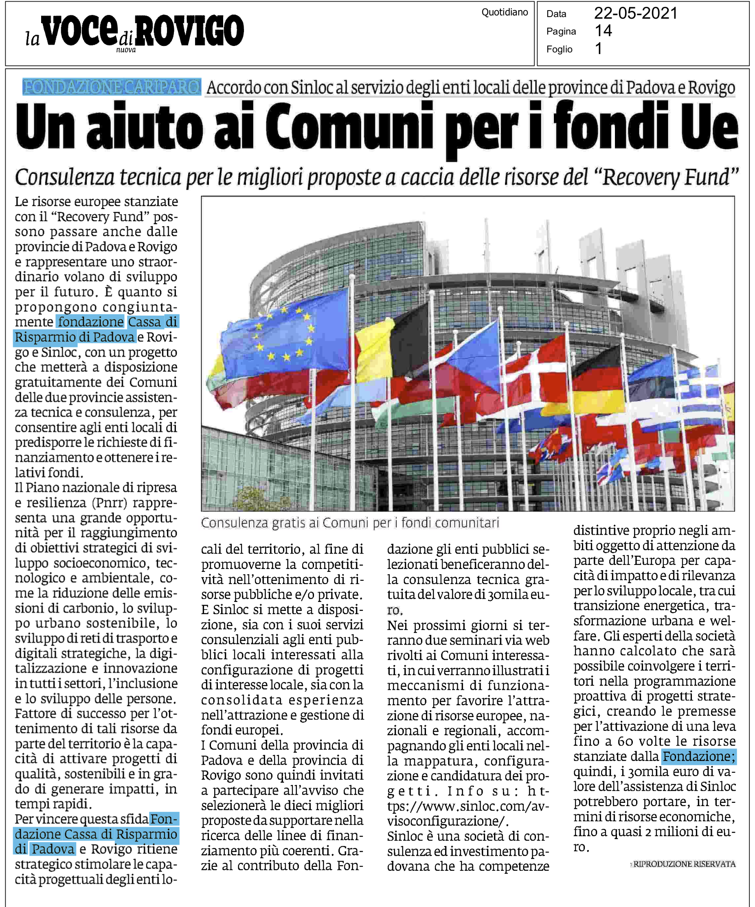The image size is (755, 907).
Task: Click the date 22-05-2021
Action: (x=635, y=13)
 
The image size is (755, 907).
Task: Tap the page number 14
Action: (x=603, y=31)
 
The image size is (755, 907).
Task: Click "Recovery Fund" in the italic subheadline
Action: (x=668, y=177)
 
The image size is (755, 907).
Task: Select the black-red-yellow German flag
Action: (x=599, y=380)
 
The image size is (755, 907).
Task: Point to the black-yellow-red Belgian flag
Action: (x=389, y=346)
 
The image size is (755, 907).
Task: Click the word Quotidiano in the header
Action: (x=504, y=12)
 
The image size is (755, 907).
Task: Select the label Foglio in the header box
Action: (x=559, y=49)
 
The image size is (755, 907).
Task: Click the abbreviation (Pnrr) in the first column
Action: (x=108, y=503)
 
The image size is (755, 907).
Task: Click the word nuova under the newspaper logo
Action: (x=125, y=50)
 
